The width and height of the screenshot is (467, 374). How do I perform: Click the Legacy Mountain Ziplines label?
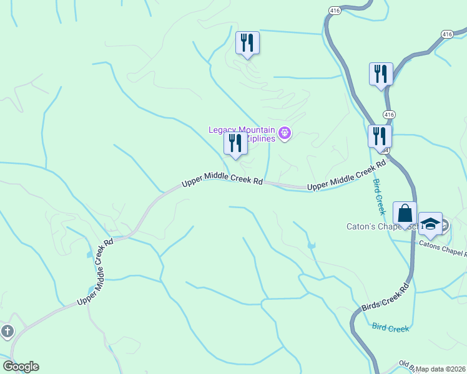[242, 133]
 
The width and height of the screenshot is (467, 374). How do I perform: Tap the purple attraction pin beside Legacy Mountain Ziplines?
[285, 133]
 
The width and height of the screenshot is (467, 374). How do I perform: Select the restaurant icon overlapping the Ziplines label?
[235, 143]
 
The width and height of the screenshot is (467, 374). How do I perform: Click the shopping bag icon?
[405, 213]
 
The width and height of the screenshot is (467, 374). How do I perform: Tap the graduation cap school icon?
[430, 223]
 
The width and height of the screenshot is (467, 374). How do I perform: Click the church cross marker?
[7, 331]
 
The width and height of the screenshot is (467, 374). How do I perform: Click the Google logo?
[21, 367]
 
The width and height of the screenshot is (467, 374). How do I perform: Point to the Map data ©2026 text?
[441, 369]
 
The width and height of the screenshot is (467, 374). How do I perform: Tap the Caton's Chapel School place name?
[375, 227]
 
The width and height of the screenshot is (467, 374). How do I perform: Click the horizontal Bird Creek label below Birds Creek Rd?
[390, 327]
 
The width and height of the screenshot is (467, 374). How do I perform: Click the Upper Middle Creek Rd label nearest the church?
[95, 272]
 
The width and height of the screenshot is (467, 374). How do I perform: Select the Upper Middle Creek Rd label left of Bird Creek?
[348, 177]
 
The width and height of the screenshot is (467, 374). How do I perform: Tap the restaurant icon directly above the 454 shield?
[379, 137]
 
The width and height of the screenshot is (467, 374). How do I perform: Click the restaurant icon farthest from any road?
[247, 44]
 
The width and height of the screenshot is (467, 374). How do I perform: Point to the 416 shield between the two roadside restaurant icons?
[390, 115]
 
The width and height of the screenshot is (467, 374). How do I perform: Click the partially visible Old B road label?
[406, 364]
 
